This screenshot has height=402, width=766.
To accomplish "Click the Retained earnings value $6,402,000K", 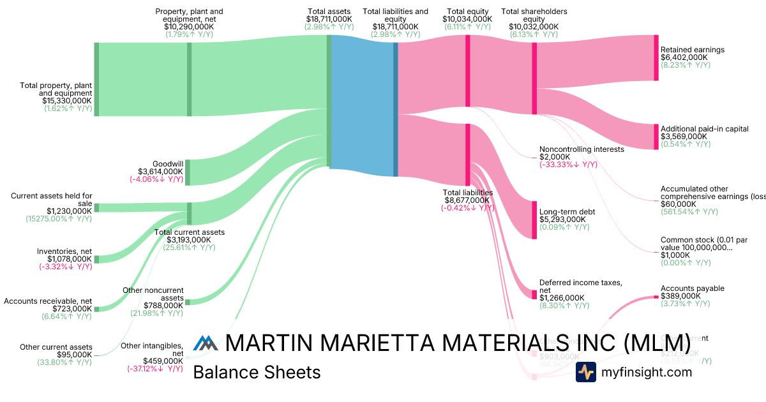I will tap(684, 57).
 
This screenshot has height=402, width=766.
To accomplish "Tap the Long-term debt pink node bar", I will tap(534, 220).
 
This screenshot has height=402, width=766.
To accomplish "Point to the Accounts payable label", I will tap(693, 288).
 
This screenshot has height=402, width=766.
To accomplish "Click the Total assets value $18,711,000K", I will tap(329, 19).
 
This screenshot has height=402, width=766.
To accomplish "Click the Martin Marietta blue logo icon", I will tap(206, 343).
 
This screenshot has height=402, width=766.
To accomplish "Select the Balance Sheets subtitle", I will tap(257, 372).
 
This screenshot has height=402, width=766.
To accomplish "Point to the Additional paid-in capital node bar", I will tap(656, 137).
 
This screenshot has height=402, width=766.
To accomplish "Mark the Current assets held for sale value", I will tap(68, 211).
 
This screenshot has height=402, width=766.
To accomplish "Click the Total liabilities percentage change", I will tap(467, 207).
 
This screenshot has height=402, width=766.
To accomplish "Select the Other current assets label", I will tap(56, 347).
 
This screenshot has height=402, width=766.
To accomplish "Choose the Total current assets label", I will tap(190, 232).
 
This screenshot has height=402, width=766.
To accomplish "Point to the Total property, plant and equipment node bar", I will tap(96, 79).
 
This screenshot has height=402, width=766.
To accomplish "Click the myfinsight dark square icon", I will tap(585, 372).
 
